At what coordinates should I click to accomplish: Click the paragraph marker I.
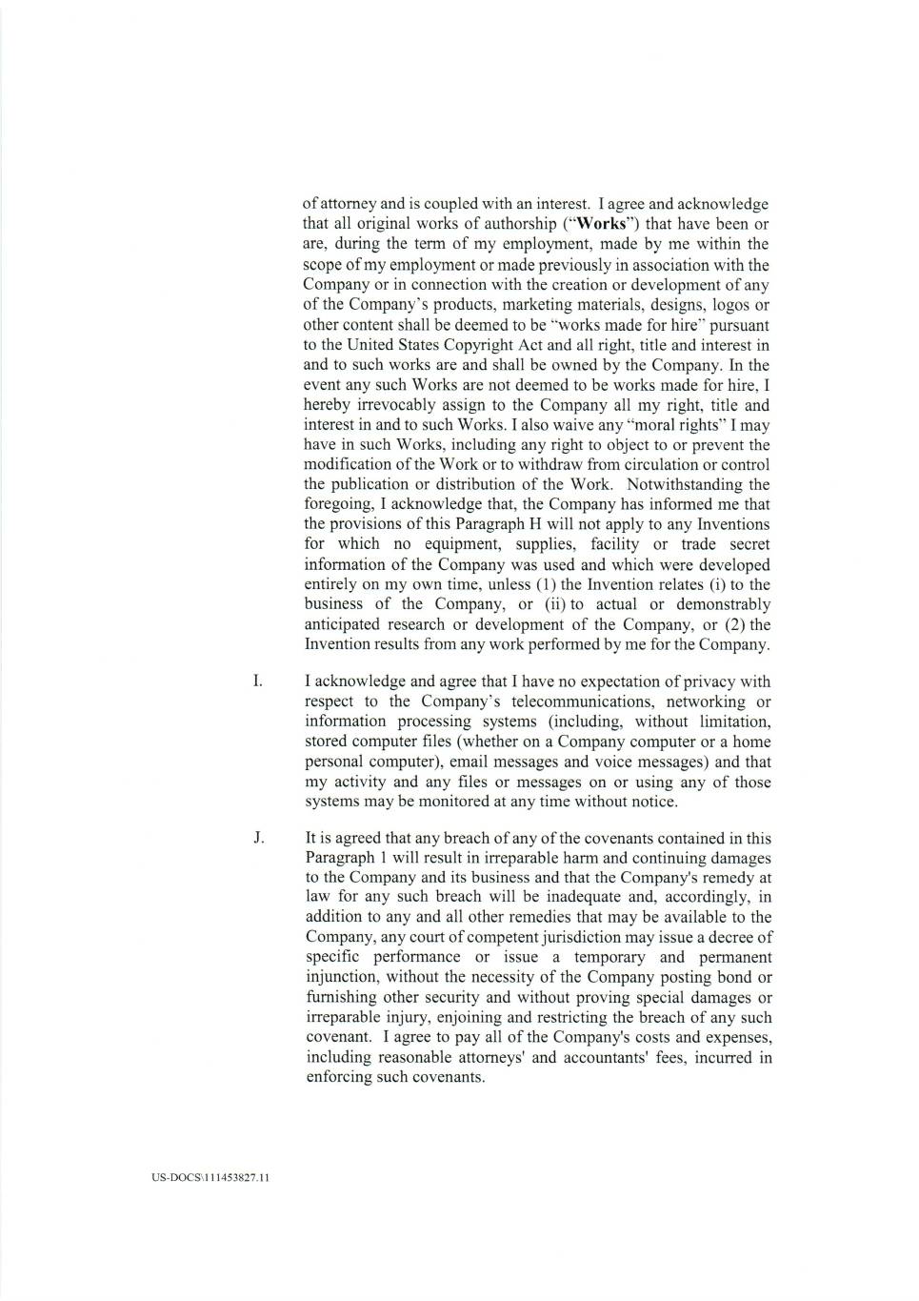[256, 681]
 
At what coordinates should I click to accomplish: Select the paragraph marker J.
[257, 839]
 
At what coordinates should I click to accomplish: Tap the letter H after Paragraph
[515, 524]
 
